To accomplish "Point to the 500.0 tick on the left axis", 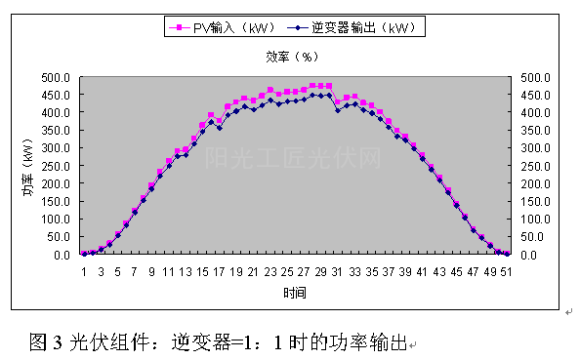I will pos(54,77).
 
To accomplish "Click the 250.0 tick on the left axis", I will pos(54,166).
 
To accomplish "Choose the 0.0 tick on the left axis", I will pos(60,255).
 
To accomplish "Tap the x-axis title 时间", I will pos(291,293).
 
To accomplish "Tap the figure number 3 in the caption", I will pos(59,342).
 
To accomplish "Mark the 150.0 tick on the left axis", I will pos(54,201).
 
